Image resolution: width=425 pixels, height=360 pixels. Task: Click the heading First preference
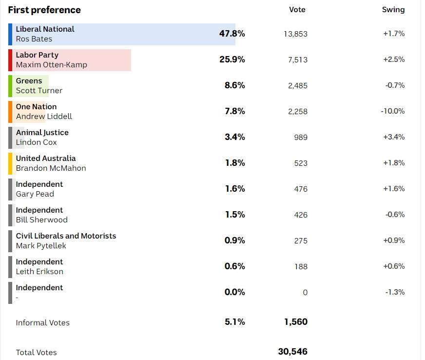[x=44, y=10]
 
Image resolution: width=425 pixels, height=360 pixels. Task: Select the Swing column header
[x=393, y=10]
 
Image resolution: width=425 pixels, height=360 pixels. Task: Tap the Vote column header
[x=297, y=10]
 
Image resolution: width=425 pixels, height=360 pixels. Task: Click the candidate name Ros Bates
[x=34, y=39]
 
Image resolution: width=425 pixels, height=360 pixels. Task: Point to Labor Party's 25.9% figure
[x=232, y=60]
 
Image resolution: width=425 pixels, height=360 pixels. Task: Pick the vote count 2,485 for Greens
[x=298, y=85]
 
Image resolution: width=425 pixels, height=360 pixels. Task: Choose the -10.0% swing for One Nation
[x=393, y=111]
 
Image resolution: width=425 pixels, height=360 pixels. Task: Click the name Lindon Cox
[x=36, y=142]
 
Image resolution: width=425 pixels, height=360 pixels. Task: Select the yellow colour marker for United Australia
[x=10, y=163]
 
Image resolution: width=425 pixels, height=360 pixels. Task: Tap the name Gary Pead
[x=35, y=194]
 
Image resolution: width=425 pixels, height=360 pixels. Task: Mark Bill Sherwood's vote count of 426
[x=301, y=215]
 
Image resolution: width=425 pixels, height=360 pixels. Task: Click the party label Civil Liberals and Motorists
[x=66, y=236]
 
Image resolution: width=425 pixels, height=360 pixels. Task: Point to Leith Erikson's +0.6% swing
[x=394, y=266]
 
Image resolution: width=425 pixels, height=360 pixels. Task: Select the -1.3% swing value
[x=394, y=292]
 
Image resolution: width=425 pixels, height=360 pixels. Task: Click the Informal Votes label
[x=42, y=323]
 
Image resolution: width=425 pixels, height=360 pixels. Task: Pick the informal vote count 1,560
[x=296, y=322]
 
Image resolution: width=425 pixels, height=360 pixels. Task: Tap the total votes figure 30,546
[x=292, y=352]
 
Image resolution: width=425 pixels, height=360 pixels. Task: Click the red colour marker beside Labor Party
[x=10, y=60]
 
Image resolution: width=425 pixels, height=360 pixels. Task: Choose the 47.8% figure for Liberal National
[x=232, y=34]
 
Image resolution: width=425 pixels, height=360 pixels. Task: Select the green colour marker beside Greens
[x=10, y=86]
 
